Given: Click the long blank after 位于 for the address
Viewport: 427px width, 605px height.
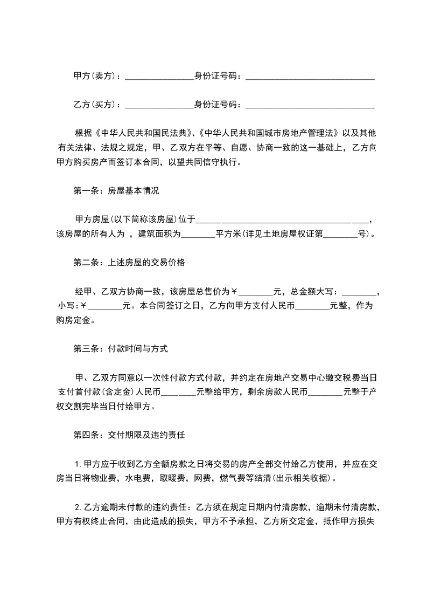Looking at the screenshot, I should (282, 220).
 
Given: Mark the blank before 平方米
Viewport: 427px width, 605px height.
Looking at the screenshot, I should (198, 235).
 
